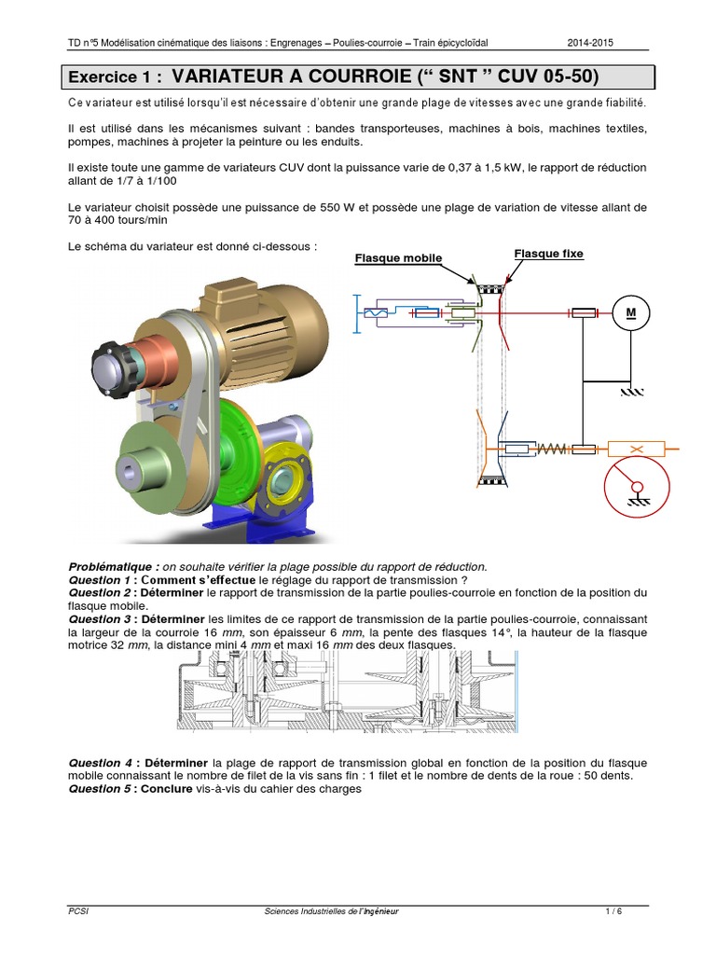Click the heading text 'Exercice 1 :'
[116, 76]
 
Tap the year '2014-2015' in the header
[591, 43]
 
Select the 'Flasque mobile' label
[398, 258]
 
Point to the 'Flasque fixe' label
[548, 254]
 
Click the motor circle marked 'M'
[630, 312]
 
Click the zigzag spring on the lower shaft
[553, 449]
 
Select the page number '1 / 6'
[613, 911]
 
